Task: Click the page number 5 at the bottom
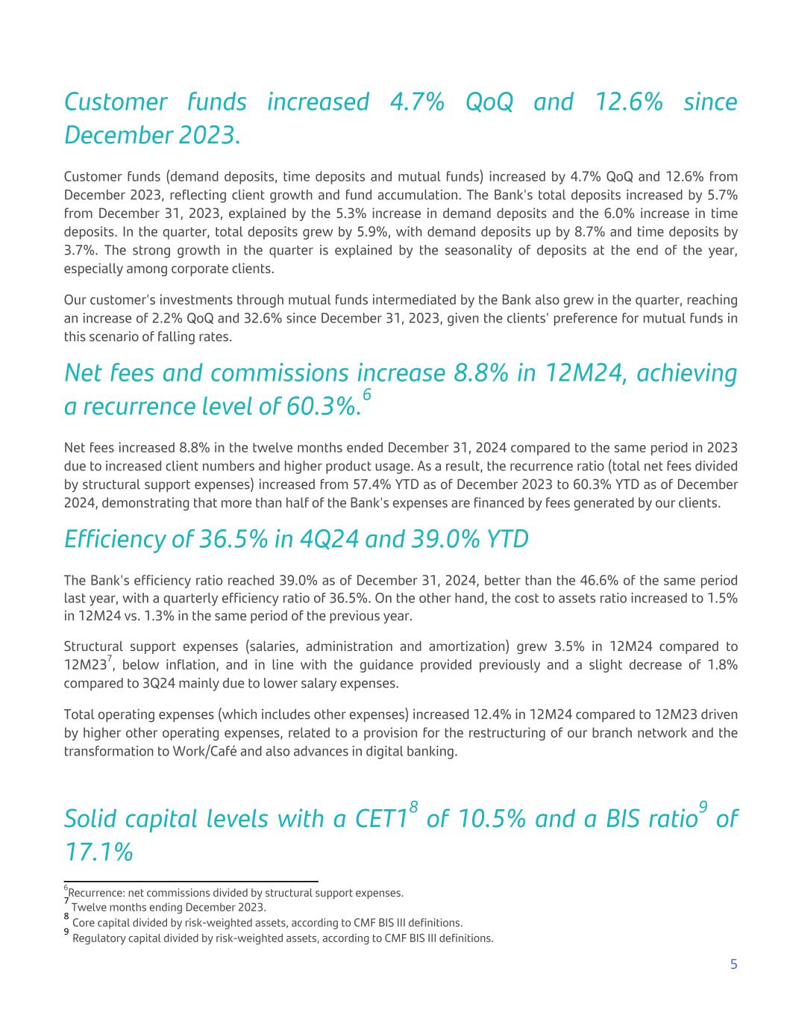pos(733,965)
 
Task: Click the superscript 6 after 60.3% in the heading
pos(366,395)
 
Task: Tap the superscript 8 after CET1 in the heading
pos(413,807)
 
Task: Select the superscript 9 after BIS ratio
pos(703,807)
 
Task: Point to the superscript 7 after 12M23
pos(110,658)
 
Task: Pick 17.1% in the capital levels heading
pos(98,852)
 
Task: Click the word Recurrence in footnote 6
pos(95,893)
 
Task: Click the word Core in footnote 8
pos(84,923)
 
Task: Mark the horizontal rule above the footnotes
pos(191,882)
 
